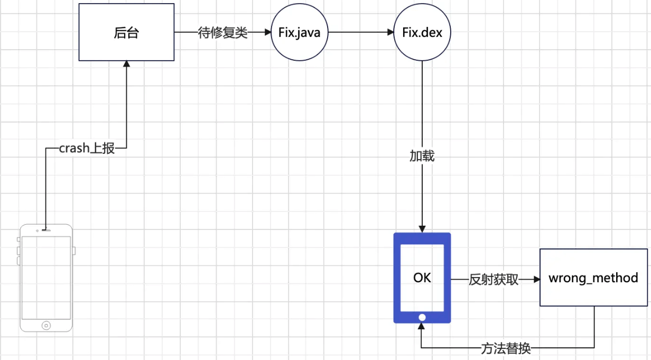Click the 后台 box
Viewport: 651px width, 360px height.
tap(126, 32)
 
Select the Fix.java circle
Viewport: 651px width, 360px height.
tap(299, 32)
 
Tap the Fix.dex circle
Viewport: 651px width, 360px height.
tap(422, 32)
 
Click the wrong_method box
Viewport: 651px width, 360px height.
tap(593, 278)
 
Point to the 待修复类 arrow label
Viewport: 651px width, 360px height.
tap(223, 32)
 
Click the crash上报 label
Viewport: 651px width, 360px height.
tap(87, 149)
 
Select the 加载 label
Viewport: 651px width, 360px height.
tap(422, 156)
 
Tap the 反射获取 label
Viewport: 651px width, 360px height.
tap(494, 280)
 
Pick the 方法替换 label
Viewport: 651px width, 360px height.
tap(506, 348)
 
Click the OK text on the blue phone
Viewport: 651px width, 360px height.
tap(422, 278)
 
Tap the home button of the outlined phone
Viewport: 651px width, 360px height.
tap(46, 325)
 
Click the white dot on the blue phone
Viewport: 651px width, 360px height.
tap(422, 317)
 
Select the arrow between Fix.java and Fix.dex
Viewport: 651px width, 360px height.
tap(360, 32)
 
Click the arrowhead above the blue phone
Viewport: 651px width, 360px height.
tap(422, 228)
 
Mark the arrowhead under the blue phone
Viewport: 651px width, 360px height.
tap(422, 327)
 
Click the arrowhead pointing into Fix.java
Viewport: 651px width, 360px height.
tap(267, 32)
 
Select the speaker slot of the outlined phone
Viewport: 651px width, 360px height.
tap(46, 230)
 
